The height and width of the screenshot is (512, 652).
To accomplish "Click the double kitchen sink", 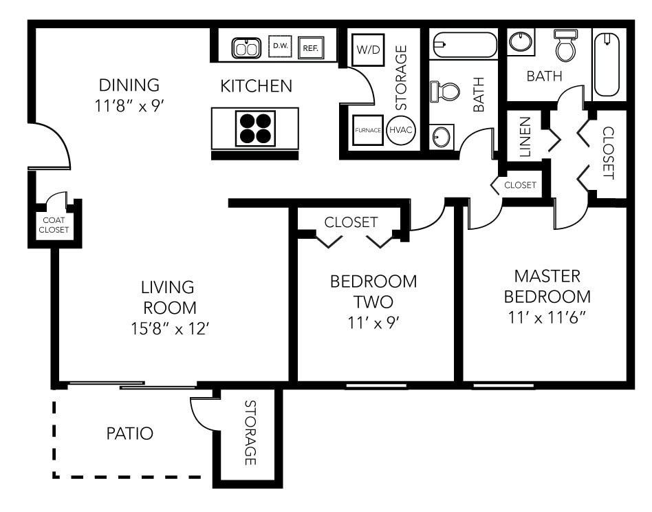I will tap(246, 47).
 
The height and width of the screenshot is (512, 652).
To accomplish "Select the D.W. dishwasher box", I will tap(280, 46).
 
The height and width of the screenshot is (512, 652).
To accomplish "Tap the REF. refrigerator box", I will tap(311, 47).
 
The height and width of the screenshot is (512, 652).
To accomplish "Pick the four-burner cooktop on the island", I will tap(255, 128).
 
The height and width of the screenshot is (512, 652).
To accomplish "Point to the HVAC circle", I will tap(401, 130).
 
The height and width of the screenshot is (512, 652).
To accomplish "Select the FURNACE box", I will tap(368, 130).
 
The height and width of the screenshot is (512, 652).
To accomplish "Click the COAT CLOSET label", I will tap(54, 225).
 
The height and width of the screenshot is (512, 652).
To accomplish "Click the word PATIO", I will tap(129, 434).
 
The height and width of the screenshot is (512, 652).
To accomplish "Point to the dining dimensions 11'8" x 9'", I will tap(129, 106).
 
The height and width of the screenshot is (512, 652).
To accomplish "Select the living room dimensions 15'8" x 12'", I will tap(169, 329).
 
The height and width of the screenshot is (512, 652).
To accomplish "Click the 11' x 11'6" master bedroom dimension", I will tap(547, 318).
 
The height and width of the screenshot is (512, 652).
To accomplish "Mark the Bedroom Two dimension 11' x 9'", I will tap(373, 322).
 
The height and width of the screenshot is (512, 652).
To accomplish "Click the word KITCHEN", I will tap(256, 86).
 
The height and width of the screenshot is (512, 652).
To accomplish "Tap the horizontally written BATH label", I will tap(544, 76).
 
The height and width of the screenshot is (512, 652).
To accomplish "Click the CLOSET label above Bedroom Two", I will tap(351, 222).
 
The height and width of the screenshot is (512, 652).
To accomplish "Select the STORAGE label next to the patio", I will tap(250, 432).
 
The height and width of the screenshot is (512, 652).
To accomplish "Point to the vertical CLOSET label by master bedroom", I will tap(608, 153).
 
